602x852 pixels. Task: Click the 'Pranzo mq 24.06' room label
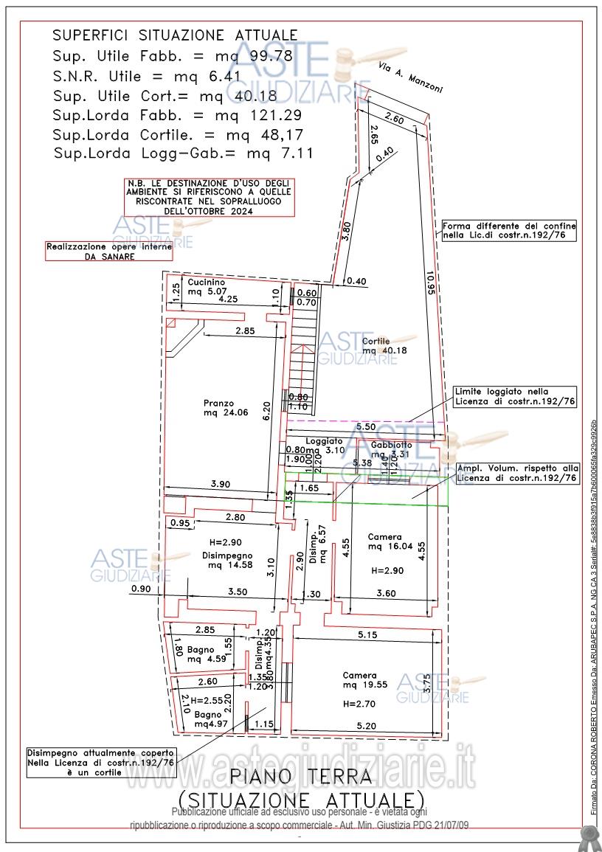click(x=219, y=408)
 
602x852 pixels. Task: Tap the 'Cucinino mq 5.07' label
click(x=207, y=286)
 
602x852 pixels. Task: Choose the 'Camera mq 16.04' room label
click(x=386, y=541)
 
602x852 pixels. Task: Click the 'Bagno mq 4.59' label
click(x=201, y=654)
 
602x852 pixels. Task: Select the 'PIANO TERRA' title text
click(x=300, y=776)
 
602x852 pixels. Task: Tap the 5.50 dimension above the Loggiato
click(x=365, y=427)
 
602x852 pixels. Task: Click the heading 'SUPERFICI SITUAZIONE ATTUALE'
click(x=176, y=35)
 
